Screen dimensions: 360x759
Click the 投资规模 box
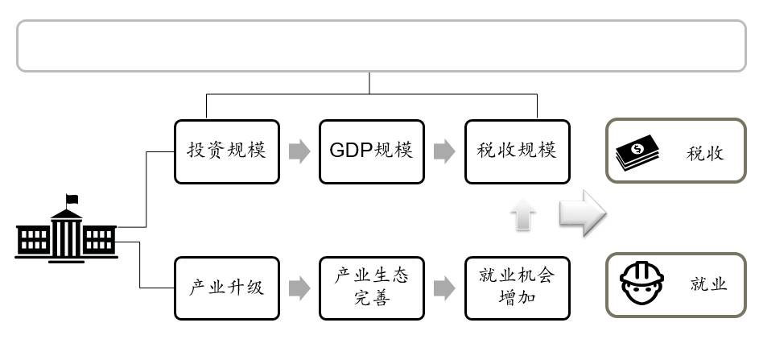226,151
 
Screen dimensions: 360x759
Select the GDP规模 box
371,151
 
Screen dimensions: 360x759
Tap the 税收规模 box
517,151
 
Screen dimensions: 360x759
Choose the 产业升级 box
226,288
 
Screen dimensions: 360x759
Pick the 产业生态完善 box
371,288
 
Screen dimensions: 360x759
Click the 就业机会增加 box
517,288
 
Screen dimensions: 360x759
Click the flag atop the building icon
73,198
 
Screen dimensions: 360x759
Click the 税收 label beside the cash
705,152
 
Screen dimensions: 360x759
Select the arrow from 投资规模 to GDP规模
299,151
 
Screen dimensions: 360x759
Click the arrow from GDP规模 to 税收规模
444,151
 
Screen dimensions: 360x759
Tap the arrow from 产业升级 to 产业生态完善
299,288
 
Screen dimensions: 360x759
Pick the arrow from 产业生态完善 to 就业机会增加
444,288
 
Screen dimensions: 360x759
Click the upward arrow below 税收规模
523,217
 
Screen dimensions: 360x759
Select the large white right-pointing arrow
582,213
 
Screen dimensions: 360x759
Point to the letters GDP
351,151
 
